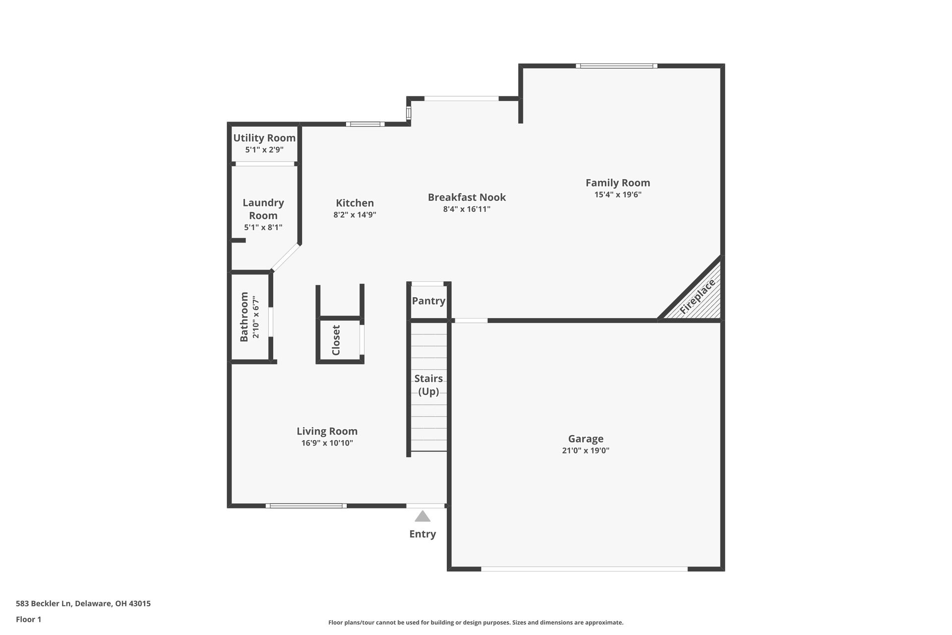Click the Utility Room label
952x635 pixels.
point(264,138)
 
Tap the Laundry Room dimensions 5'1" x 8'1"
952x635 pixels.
point(263,227)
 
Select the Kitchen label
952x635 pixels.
point(355,203)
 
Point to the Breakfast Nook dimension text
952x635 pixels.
point(467,209)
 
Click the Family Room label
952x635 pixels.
point(618,183)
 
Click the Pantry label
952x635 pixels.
point(428,301)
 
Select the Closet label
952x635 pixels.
point(336,340)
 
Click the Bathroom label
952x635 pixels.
point(244,317)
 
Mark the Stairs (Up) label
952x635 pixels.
point(428,384)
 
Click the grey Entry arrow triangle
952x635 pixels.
point(422,517)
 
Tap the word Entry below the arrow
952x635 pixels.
point(422,534)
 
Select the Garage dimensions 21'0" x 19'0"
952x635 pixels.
point(586,450)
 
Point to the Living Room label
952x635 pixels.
point(327,431)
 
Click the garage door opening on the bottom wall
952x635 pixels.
point(584,569)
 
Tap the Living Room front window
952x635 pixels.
point(306,506)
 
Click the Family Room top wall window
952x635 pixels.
point(616,65)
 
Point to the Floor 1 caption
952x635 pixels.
point(28,619)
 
